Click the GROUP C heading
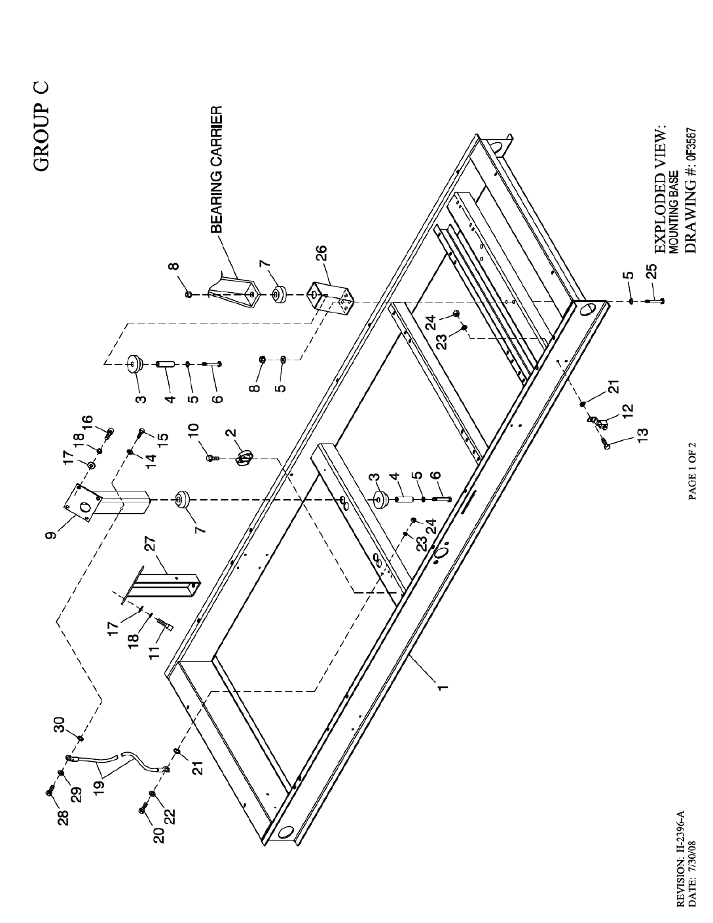pos(41,126)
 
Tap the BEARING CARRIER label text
pos(217,170)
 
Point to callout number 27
pos(151,544)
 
